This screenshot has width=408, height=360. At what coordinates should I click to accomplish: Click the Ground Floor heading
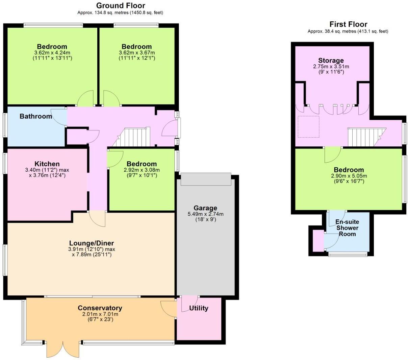point(121,5)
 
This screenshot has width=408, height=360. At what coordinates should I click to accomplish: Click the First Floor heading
point(348,24)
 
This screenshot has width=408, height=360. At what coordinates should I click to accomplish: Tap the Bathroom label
point(36,116)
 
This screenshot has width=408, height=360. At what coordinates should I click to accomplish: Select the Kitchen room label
point(47,164)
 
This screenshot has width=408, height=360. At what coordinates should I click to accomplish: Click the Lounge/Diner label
point(92,243)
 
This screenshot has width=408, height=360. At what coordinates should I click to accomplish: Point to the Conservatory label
point(100,308)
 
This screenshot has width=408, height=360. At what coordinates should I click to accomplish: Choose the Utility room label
point(199,308)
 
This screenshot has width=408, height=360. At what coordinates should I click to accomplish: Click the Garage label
point(205,208)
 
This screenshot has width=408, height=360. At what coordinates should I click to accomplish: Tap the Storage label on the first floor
point(331,61)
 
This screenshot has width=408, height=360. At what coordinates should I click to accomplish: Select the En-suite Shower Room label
point(347,228)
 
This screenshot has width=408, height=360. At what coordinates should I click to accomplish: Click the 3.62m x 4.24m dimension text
point(52,53)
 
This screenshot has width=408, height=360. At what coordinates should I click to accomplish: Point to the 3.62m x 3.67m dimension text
point(137,53)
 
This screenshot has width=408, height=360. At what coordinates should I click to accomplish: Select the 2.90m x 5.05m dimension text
point(349,176)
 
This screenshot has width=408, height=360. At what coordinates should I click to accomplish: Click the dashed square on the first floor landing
point(308,127)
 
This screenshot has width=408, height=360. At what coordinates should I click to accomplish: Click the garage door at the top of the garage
point(206,179)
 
